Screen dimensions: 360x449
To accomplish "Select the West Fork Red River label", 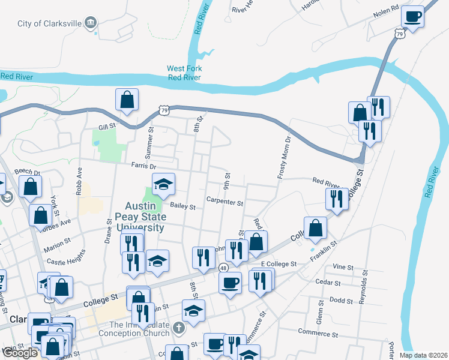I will (x=184, y=73).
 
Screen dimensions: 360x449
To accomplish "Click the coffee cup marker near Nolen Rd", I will (x=412, y=17).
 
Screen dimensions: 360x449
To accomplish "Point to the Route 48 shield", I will (x=223, y=268).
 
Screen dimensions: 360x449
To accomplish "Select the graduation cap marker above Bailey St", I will (x=163, y=185).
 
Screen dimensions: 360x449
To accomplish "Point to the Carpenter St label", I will (x=224, y=202).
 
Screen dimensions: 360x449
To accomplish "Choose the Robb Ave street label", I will (x=78, y=178).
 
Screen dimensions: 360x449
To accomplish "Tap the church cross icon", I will (x=178, y=328).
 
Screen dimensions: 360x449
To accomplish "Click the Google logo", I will (x=20, y=352).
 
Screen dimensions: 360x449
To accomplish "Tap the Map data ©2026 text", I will (x=424, y=355).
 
